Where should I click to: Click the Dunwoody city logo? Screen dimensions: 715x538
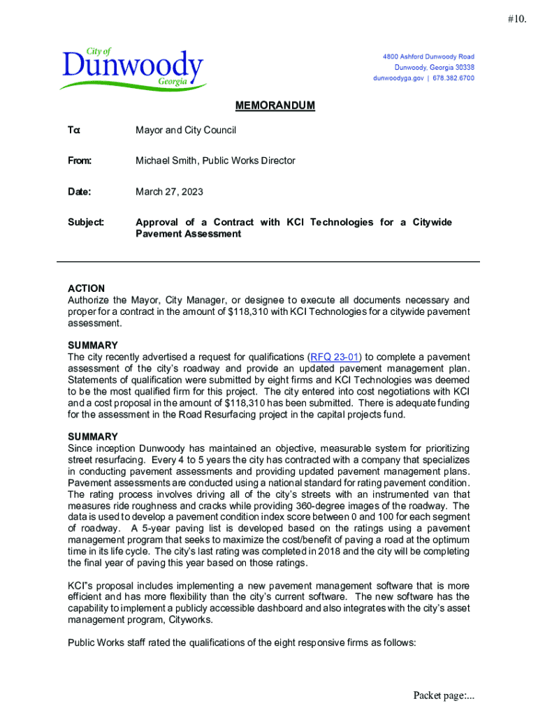coord(133,69)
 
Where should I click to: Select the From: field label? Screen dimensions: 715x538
coord(80,161)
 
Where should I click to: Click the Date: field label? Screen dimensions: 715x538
coord(80,191)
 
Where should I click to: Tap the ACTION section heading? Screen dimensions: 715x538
coord(86,288)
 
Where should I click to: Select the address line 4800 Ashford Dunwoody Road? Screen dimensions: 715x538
coord(428,57)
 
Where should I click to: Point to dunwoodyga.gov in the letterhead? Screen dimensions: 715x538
coord(398,78)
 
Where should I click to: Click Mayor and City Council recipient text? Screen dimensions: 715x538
coord(186,130)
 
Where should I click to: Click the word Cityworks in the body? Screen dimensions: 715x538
coord(189,619)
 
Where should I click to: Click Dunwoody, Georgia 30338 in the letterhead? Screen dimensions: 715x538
coord(434,68)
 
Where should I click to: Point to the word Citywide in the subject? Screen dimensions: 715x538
coord(432,222)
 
